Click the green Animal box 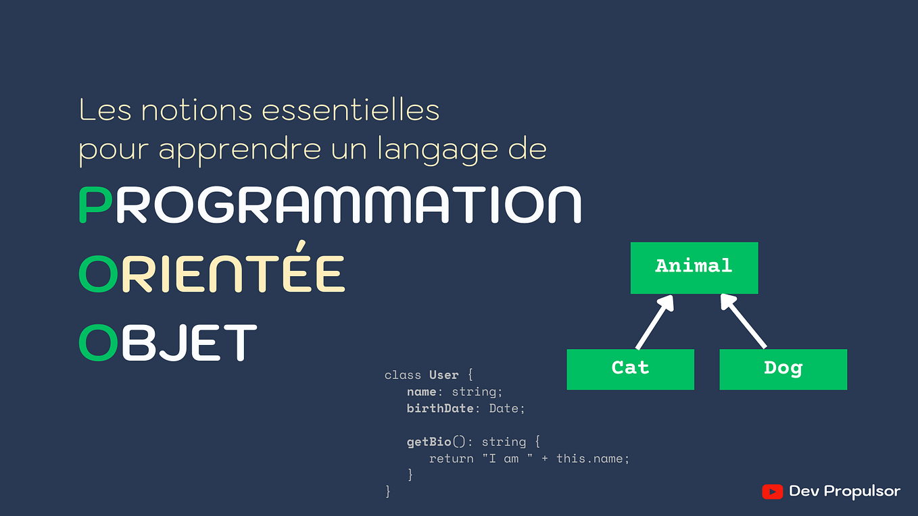694,268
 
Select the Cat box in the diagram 630,369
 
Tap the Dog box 783,369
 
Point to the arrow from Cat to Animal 655,322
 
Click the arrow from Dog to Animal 743,321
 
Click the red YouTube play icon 773,492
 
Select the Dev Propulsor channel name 844,492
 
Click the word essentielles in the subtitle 350,110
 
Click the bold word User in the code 444,375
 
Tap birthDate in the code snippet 440,409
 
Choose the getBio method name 429,442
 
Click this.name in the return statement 589,459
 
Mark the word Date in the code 504,409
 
